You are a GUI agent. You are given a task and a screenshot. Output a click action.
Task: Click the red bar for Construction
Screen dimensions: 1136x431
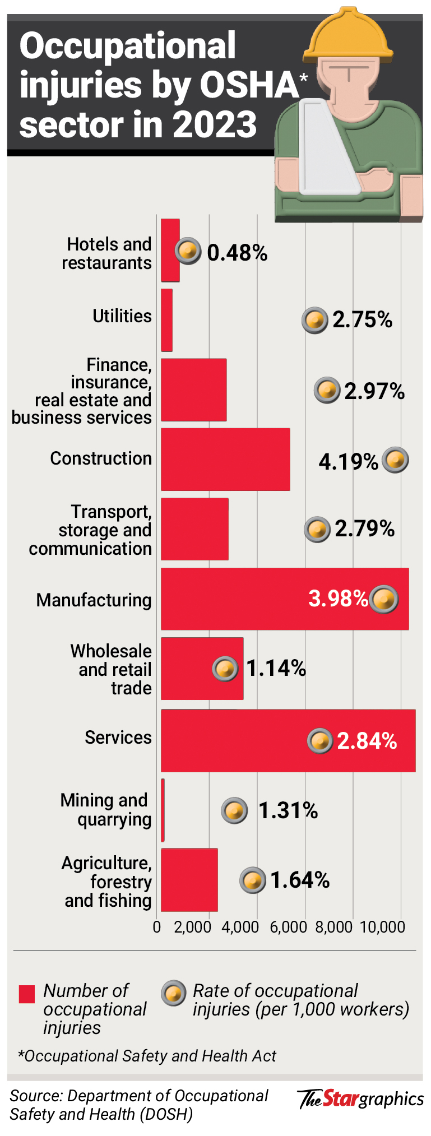[x=225, y=459]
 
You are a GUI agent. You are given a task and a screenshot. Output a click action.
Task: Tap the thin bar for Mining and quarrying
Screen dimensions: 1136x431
[x=163, y=810]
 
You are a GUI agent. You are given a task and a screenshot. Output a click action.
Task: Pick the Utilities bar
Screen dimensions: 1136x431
[x=166, y=319]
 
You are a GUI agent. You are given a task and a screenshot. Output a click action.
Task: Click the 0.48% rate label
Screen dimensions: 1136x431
[x=237, y=253]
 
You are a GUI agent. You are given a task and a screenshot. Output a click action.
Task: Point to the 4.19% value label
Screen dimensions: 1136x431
[x=348, y=462]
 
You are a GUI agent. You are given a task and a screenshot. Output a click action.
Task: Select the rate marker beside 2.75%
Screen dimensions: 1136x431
[x=314, y=321]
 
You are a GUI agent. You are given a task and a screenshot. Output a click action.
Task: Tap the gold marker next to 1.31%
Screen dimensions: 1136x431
[x=234, y=810]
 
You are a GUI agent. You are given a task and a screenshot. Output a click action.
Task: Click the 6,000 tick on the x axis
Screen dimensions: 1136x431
[x=288, y=927]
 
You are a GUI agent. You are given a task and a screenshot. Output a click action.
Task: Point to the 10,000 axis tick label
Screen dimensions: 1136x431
[x=382, y=927]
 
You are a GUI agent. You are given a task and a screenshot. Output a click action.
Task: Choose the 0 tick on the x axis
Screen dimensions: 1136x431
[x=157, y=927]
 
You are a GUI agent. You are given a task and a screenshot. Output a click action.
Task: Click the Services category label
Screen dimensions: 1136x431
[x=118, y=738]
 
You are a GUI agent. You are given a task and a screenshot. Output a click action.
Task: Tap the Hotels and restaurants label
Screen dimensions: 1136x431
[x=107, y=253]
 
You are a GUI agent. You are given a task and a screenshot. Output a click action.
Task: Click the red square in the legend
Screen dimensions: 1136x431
[x=27, y=994]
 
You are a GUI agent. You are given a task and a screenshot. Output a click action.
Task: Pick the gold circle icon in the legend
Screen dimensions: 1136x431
[x=174, y=994]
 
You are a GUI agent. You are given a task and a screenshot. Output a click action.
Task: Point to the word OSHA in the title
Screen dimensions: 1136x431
[x=249, y=85]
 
